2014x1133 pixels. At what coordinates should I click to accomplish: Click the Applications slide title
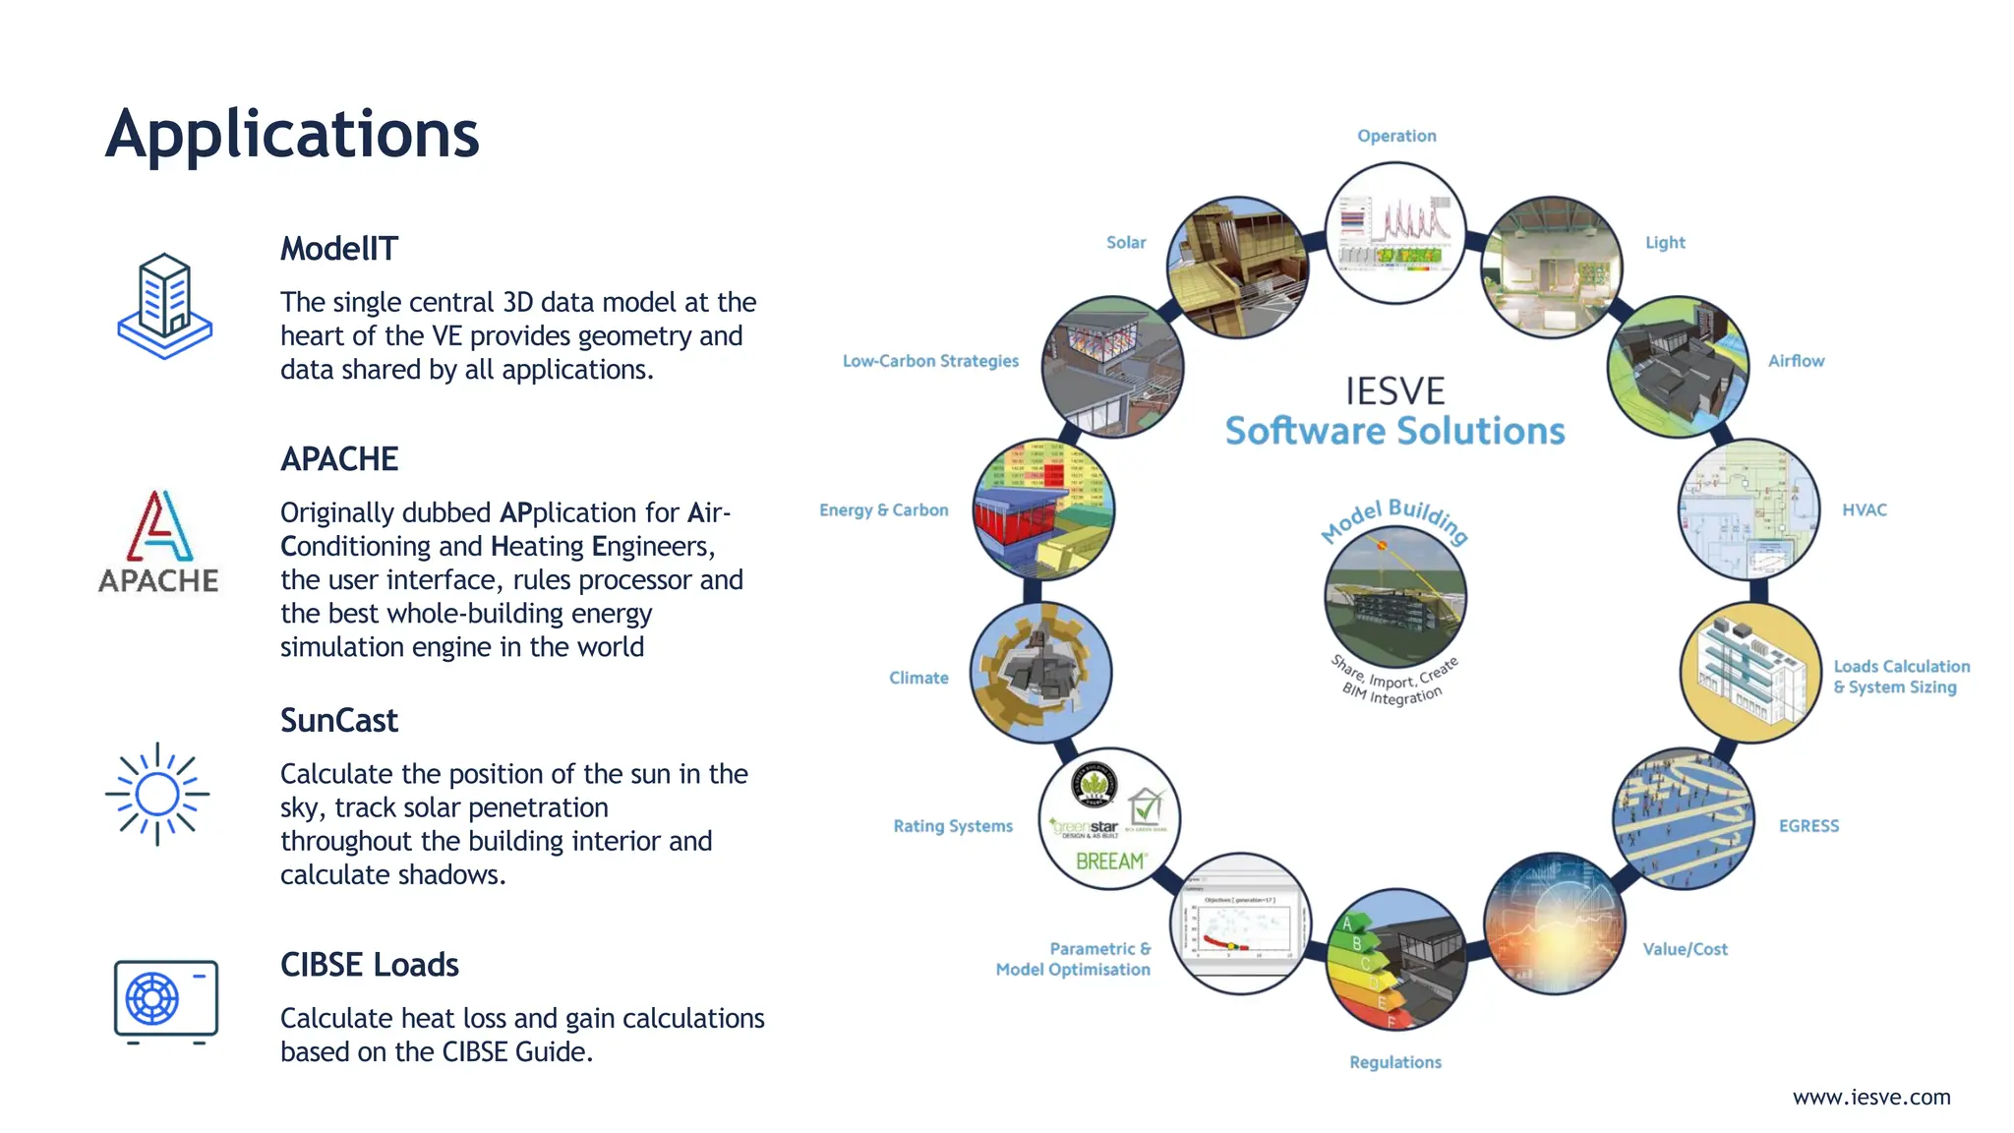coord(292,135)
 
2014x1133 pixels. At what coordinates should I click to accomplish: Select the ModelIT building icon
coord(164,306)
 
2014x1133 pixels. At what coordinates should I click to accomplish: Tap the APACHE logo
coord(158,542)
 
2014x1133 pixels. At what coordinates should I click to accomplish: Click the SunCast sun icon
coord(157,794)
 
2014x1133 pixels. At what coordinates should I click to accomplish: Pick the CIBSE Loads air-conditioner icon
coord(165,1000)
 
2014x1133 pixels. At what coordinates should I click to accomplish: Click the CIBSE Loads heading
coord(369,965)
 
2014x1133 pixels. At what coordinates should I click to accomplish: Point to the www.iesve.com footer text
coord(1870,1097)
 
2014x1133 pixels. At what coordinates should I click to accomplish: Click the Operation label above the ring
coord(1395,136)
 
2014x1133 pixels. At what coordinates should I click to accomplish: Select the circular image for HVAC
coord(1747,509)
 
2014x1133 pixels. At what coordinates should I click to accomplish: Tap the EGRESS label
coord(1807,826)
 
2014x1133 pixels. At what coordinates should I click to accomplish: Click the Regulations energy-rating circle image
coord(1395,959)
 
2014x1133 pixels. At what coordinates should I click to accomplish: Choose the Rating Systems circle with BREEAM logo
coord(1109,818)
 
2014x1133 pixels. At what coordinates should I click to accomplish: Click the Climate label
coord(918,678)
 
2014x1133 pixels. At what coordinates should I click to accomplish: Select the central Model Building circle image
coord(1394,597)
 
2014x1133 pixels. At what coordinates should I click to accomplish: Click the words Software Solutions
coord(1394,432)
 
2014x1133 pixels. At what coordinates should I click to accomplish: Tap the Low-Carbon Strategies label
coord(929,361)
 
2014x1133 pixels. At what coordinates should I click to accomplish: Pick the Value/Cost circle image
coord(1553,924)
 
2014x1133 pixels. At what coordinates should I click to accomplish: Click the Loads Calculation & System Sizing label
coord(1900,677)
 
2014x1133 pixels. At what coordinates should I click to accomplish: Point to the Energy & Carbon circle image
coord(1042,509)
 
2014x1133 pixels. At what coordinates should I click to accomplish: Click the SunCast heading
coord(338,721)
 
